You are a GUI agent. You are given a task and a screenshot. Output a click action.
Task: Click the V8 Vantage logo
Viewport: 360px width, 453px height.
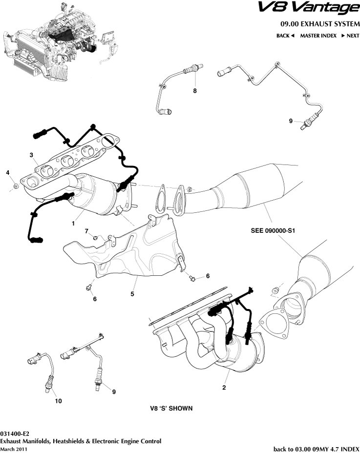308,8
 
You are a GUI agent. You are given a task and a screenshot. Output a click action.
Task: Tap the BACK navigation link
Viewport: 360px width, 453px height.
285,36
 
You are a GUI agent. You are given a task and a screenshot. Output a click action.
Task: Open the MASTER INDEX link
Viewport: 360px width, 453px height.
318,36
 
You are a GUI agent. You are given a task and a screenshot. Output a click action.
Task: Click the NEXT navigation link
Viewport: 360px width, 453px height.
350,36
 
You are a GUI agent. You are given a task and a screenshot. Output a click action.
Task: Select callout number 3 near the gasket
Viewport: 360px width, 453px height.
31,155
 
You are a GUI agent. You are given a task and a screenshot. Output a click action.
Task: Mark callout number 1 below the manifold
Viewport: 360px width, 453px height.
73,224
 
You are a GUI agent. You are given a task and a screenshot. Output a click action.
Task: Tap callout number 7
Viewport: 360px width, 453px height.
86,230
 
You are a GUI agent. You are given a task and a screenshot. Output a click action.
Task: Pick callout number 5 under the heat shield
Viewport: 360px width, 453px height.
132,294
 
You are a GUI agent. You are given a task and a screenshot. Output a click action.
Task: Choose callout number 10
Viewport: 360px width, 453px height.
58,401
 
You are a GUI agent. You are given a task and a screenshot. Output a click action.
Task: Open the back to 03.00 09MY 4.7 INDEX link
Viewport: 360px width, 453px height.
316,448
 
